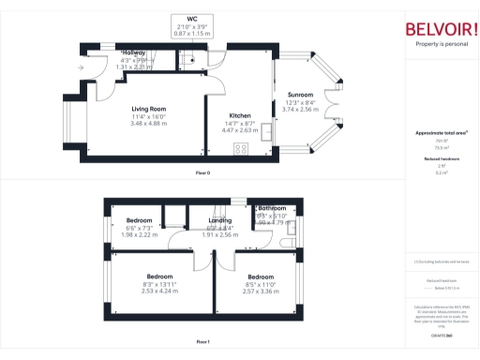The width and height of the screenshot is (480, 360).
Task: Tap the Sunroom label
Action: pyautogui.click(x=300, y=95)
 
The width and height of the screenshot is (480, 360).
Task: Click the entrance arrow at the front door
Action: pyautogui.click(x=82, y=68)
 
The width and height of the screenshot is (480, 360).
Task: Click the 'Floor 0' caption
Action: pyautogui.click(x=202, y=173)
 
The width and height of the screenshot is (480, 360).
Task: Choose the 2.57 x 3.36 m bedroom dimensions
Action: pyautogui.click(x=261, y=292)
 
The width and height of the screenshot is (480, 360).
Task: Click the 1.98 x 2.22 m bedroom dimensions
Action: pyautogui.click(x=140, y=235)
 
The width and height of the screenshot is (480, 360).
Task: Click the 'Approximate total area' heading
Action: pyautogui.click(x=441, y=134)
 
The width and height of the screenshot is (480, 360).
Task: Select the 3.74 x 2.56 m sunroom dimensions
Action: pyautogui.click(x=300, y=110)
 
